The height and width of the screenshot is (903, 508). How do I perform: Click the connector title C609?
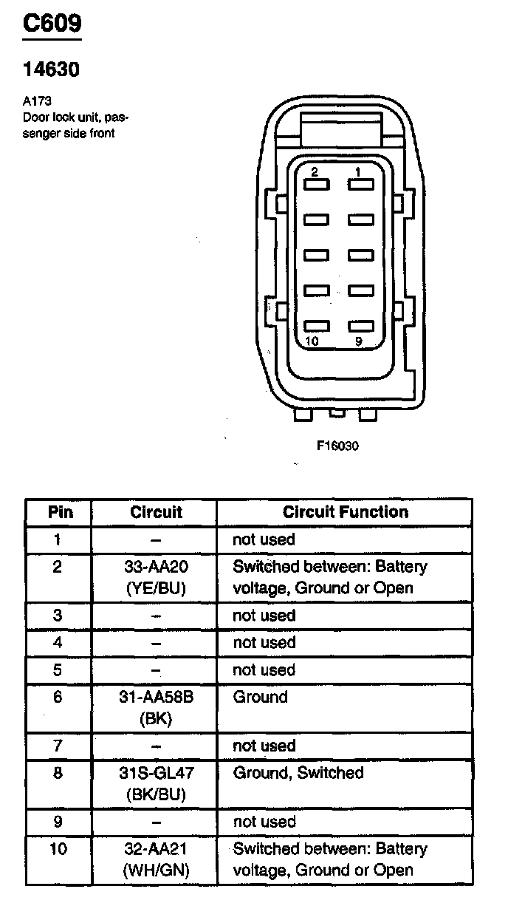[x=52, y=23]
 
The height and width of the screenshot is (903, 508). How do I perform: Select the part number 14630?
[x=51, y=69]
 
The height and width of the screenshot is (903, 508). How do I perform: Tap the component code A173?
[x=37, y=100]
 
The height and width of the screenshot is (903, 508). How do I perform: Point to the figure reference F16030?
[x=337, y=446]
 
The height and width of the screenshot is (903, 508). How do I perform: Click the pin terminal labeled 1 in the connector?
[x=361, y=185]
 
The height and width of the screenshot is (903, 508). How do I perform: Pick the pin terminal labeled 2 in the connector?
[x=317, y=185]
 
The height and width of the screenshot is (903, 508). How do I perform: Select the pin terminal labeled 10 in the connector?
[x=317, y=326]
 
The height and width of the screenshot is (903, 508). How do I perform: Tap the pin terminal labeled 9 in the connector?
[x=361, y=326]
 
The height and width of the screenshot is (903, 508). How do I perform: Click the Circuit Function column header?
[x=346, y=512]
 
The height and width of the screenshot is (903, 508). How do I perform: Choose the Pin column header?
[x=61, y=512]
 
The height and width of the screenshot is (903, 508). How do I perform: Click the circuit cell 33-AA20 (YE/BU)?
[x=156, y=577]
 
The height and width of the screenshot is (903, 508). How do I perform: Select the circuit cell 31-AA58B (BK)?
[x=156, y=707]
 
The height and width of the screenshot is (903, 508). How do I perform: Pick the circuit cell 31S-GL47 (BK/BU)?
[x=156, y=783]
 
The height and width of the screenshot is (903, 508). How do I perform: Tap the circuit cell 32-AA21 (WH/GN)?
[x=156, y=859]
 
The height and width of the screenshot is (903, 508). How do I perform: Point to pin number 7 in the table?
[x=58, y=746]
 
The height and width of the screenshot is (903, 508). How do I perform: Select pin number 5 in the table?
[x=58, y=669]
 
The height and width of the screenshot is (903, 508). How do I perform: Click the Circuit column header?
[x=156, y=512]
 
